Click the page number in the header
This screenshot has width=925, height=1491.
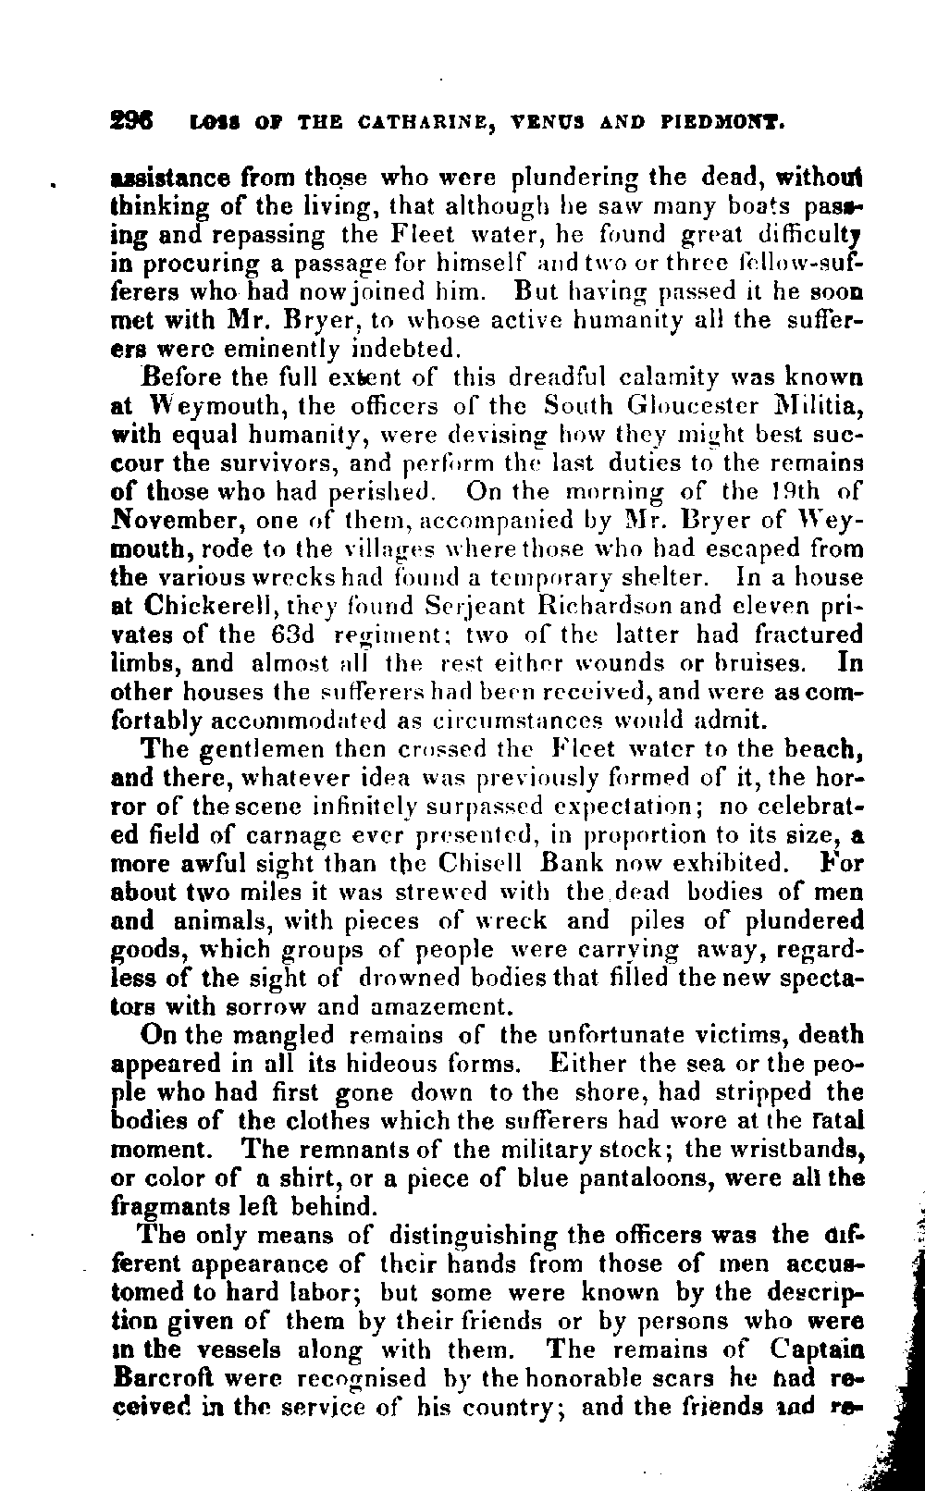pos(132,120)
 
